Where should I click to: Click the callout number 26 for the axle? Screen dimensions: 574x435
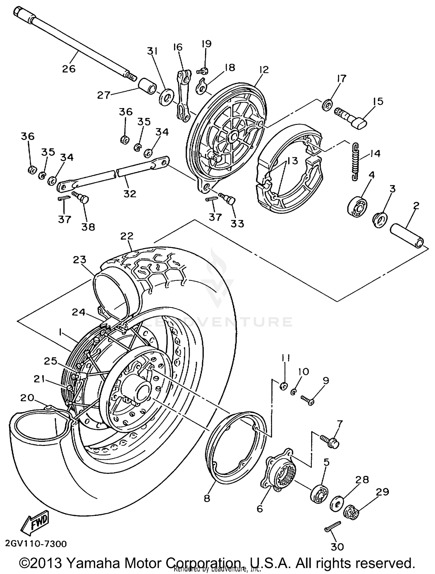pos(69,69)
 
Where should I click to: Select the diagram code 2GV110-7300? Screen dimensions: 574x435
pos(36,543)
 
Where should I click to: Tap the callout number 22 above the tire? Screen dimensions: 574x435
pos(127,235)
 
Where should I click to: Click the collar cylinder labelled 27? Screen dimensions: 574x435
pos(147,86)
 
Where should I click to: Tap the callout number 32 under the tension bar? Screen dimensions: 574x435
pos(130,194)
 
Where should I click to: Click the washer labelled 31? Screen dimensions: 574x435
pos(167,97)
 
